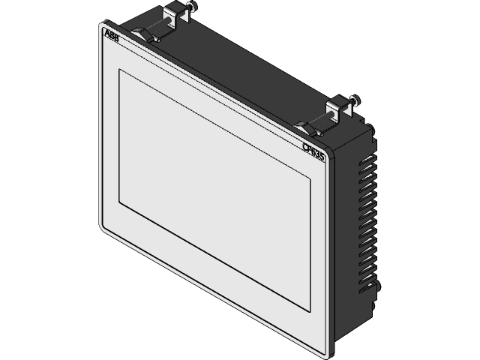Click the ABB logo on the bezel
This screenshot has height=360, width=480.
pos(109,37)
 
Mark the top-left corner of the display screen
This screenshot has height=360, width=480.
pos(118,69)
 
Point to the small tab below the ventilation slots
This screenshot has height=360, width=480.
pos(376,289)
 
